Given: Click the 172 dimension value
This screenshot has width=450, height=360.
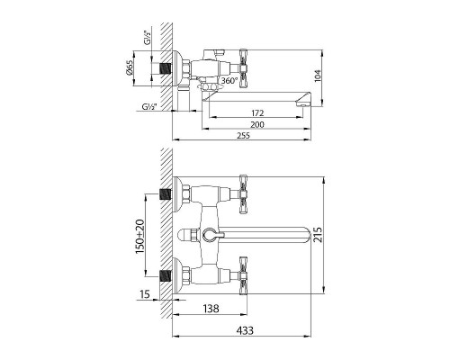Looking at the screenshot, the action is click(257, 113).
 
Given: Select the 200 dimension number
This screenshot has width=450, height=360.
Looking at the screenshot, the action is click(257, 124).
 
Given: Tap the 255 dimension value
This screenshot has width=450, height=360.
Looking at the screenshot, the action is click(243, 136).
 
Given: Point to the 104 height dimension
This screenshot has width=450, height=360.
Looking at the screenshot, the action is click(318, 76).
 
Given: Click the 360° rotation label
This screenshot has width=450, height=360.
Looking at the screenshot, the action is click(229, 80).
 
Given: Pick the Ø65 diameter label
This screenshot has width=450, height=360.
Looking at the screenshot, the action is click(129, 67).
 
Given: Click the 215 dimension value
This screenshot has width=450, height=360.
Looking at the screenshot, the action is click(318, 235).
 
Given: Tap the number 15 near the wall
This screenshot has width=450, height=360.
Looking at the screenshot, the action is click(145, 294).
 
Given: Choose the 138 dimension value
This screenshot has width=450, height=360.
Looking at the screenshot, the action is click(211, 308).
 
